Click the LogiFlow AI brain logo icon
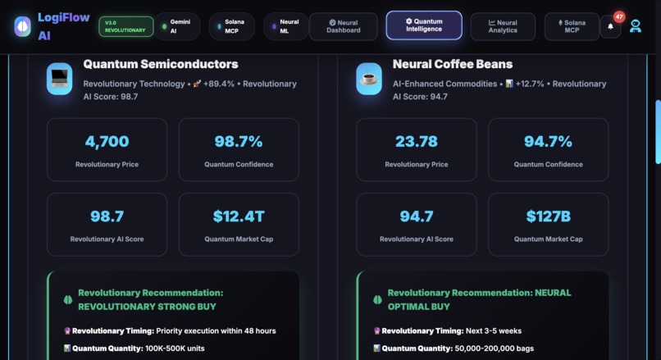click(x=22, y=26)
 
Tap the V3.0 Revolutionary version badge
click(x=125, y=26)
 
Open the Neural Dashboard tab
click(x=343, y=26)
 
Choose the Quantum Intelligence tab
click(x=423, y=25)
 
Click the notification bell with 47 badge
click(x=610, y=26)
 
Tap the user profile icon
click(x=636, y=26)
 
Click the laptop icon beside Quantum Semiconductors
click(x=60, y=79)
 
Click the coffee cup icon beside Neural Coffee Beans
click(x=369, y=79)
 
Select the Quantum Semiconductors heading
click(x=161, y=64)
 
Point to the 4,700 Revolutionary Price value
click(x=107, y=141)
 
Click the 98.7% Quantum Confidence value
click(x=239, y=141)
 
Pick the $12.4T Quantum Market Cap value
click(x=239, y=216)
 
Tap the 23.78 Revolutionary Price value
click(x=417, y=141)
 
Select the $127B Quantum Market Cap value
click(x=548, y=216)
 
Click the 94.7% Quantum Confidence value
click(x=548, y=141)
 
